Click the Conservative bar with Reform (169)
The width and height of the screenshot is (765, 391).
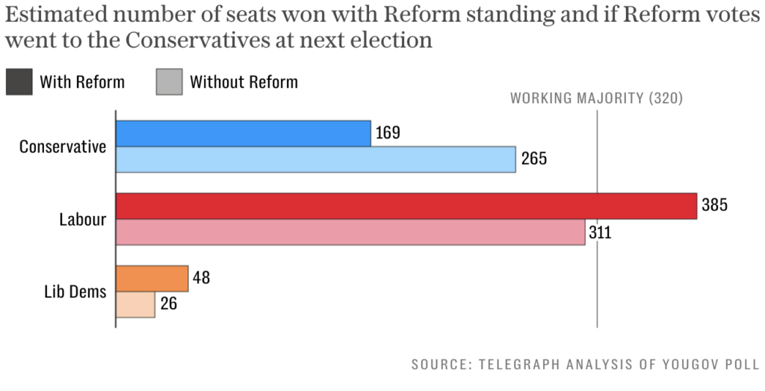click(x=244, y=134)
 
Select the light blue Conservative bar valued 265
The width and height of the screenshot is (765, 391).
click(x=316, y=159)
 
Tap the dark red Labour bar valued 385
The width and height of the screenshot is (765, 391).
click(x=406, y=206)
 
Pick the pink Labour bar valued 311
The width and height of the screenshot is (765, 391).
click(x=350, y=232)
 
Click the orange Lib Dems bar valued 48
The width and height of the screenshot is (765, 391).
click(x=152, y=279)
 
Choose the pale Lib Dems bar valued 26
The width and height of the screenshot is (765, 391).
click(x=135, y=304)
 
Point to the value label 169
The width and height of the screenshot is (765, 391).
click(x=388, y=133)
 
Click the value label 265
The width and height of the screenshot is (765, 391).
click(x=534, y=158)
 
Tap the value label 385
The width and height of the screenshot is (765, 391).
click(x=715, y=206)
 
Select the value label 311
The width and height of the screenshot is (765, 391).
click(x=599, y=232)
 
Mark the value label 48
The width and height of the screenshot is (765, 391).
click(x=201, y=278)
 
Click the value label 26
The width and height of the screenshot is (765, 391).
click(x=168, y=304)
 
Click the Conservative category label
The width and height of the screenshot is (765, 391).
click(x=63, y=147)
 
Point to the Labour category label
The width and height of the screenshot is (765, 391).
click(x=82, y=219)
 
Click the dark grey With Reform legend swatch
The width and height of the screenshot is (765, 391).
click(x=19, y=81)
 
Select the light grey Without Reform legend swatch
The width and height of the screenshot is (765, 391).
click(x=169, y=81)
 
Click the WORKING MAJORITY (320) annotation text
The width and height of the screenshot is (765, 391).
click(x=596, y=98)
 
